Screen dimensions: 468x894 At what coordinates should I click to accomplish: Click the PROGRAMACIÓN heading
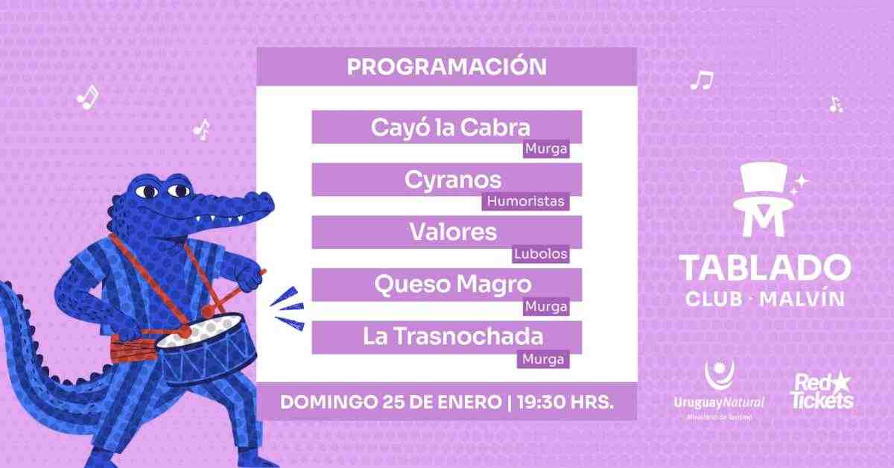point(447,66)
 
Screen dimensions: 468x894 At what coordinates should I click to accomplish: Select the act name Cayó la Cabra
point(450,127)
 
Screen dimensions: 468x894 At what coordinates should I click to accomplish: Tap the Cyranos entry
point(453,180)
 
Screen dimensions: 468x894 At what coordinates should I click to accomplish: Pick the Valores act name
point(452,232)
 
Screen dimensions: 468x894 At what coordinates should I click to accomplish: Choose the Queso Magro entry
point(453,284)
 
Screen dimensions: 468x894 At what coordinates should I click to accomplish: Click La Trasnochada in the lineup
point(453,336)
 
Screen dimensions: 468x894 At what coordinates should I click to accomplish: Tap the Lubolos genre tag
point(541,254)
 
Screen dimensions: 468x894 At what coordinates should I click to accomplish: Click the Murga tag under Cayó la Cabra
point(546,149)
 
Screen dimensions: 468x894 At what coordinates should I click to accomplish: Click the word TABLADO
point(764,268)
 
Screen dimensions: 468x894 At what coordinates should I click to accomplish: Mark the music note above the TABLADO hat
point(701,80)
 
